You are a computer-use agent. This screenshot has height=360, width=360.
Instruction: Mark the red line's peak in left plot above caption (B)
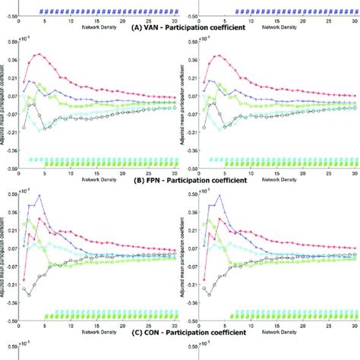coord(38,55)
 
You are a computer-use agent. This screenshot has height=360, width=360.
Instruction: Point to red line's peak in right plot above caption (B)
coord(218,55)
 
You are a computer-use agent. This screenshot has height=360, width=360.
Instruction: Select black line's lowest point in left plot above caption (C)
coord(29,293)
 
